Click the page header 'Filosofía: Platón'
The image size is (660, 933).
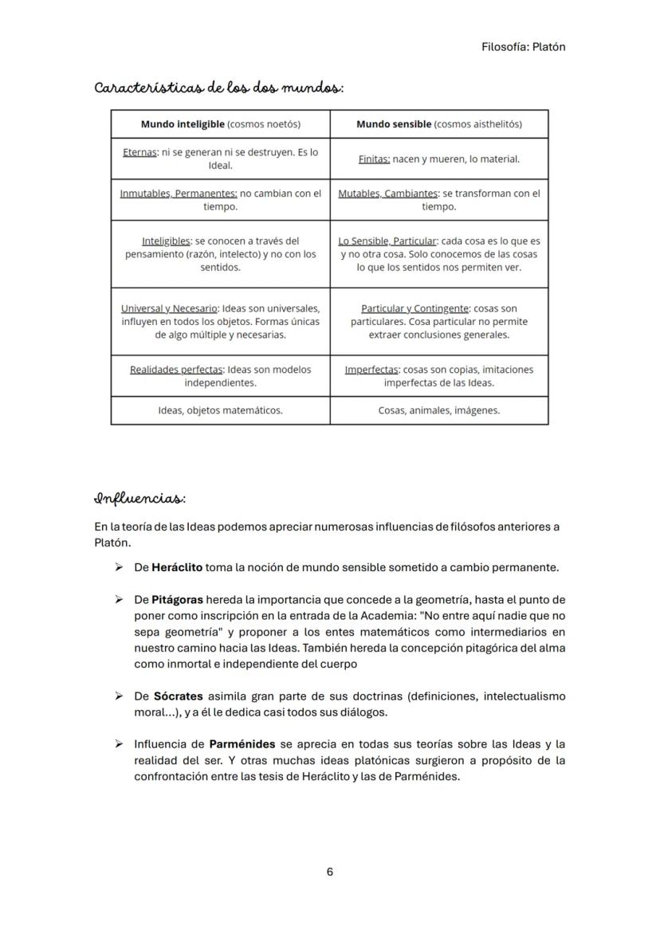point(523,46)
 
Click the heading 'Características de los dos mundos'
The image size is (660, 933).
point(218,87)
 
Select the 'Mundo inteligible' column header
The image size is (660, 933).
point(220,124)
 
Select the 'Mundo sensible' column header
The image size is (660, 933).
point(438,124)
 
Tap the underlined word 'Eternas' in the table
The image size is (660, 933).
point(139,152)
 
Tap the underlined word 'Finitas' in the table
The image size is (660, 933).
point(374,159)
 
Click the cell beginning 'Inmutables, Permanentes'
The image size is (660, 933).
point(220,200)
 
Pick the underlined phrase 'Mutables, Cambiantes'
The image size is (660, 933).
point(388,194)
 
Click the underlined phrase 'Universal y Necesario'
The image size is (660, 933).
point(169,308)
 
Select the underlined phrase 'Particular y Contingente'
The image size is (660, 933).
point(414,308)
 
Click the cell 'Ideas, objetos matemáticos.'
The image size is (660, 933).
point(220,410)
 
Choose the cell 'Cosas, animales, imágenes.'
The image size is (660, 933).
point(438,410)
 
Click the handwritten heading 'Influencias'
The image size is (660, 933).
point(139,499)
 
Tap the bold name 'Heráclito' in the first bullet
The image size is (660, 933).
point(177,567)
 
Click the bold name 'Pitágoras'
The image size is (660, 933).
point(177,599)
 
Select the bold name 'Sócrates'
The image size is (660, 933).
point(178,696)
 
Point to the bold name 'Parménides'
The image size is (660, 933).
point(242,743)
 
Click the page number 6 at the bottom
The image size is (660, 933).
point(329,872)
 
